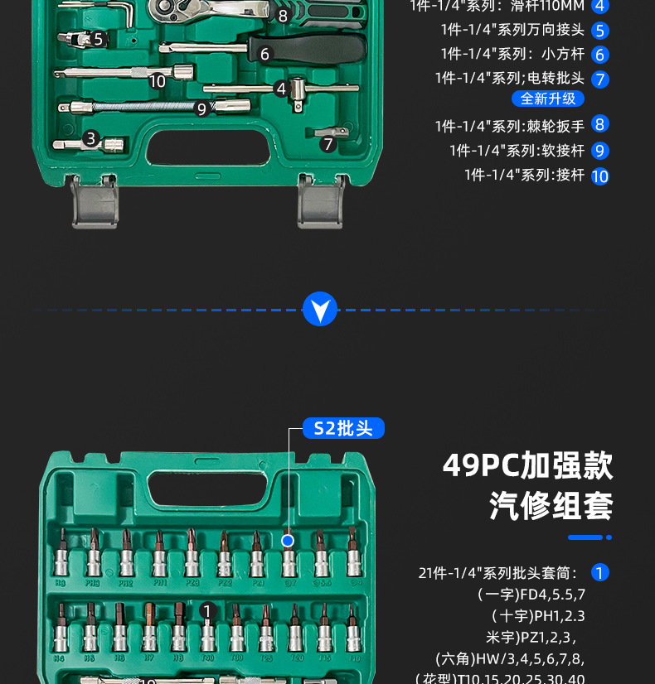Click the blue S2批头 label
(343, 428)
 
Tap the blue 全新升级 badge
(548, 99)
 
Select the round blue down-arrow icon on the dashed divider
(320, 309)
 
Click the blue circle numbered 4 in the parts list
(600, 7)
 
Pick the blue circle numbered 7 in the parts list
(600, 79)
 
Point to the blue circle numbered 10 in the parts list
(600, 176)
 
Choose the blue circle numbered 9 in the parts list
(600, 151)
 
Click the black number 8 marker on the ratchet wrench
(283, 15)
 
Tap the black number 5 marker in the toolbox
(98, 39)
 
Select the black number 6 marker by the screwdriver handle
(265, 55)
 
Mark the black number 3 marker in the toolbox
(91, 139)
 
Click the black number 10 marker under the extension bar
(158, 81)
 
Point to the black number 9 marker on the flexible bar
(201, 108)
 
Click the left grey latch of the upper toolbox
(94, 203)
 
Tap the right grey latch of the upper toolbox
(320, 203)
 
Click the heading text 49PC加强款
(527, 465)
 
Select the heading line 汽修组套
(551, 505)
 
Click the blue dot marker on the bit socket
(288, 541)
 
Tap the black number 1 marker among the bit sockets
(207, 611)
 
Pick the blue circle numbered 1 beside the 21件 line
(600, 572)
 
